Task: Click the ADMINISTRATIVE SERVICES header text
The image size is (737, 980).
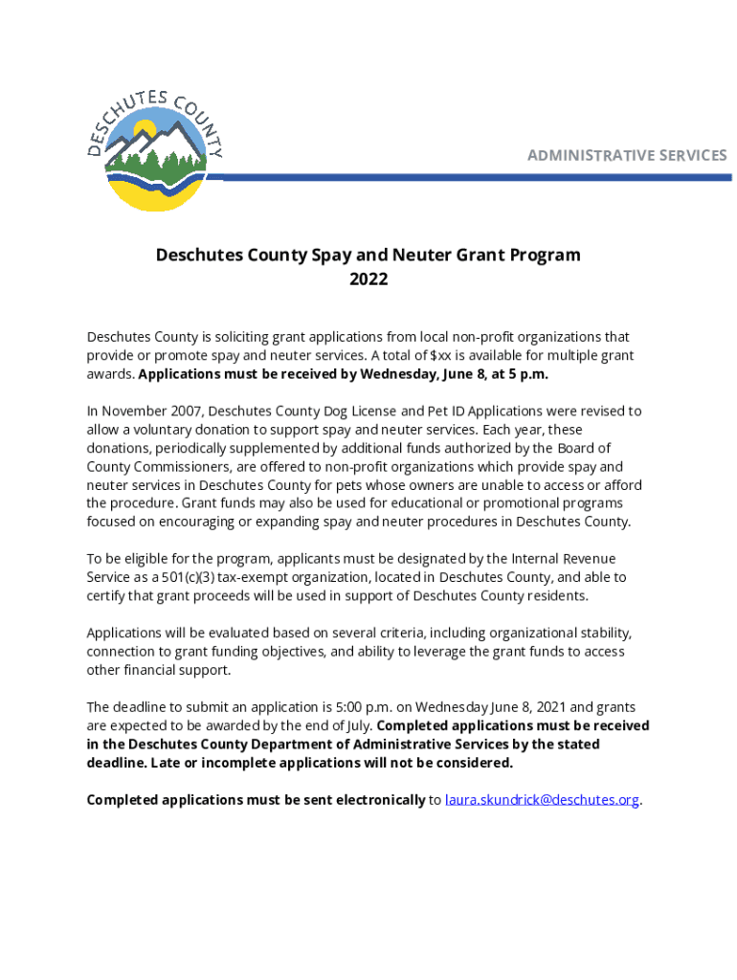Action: coord(627,155)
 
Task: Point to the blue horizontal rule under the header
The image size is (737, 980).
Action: coord(479,177)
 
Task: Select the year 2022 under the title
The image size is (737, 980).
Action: coord(368,279)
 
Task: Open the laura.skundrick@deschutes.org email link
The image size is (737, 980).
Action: coord(542,800)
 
